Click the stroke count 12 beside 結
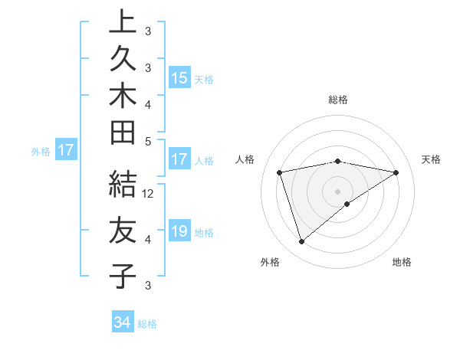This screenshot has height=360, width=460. (148, 194)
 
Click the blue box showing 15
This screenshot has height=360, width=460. (179, 78)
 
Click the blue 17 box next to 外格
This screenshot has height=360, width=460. (66, 151)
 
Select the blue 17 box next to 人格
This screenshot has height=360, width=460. (179, 160)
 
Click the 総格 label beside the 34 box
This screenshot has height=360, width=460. (147, 324)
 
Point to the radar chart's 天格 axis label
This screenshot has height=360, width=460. (432, 159)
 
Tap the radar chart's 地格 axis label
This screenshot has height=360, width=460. (402, 262)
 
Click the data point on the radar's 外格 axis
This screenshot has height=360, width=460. (301, 242)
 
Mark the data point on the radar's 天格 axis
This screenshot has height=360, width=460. (396, 172)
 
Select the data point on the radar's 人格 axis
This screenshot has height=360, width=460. (280, 172)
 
